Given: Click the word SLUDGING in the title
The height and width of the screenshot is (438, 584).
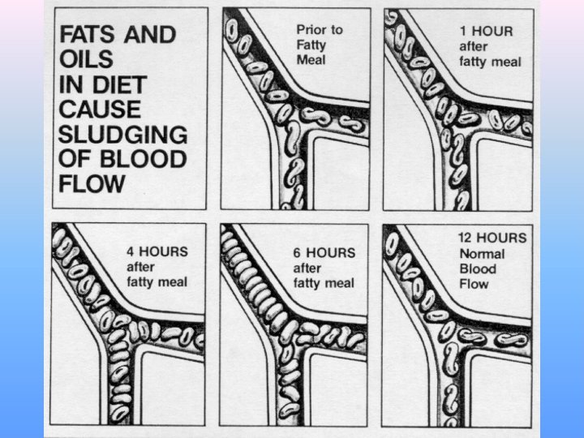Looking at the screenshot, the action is [123, 135].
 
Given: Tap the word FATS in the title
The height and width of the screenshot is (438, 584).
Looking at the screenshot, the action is [87, 34].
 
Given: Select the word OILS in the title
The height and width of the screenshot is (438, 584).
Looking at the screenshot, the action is [86, 59].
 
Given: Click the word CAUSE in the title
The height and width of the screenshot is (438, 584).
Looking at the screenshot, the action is [100, 109].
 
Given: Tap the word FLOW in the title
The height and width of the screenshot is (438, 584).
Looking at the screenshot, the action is [92, 184].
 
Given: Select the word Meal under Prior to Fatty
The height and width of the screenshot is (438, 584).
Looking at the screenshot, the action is [311, 60].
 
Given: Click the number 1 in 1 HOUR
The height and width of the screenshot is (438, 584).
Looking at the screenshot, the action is [463, 32].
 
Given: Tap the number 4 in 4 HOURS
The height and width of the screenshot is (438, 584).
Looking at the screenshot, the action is [130, 251].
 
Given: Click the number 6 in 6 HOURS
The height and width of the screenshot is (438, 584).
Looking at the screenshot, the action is [297, 253].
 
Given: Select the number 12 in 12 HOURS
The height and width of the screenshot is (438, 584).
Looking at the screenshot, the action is [466, 238].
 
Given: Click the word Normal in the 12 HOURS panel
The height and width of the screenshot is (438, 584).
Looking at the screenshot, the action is [482, 254].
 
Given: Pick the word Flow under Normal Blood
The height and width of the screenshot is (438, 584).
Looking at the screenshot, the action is [474, 284].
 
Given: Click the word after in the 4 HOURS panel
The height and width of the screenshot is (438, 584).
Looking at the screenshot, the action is [140, 267].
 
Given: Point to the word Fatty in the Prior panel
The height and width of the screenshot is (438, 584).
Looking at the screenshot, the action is [311, 45].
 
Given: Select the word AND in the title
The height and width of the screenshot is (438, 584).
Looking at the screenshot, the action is [150, 34].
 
